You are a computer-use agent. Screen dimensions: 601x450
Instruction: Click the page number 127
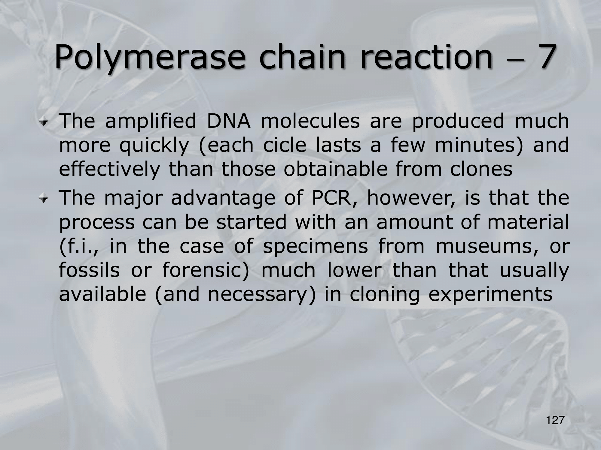555,421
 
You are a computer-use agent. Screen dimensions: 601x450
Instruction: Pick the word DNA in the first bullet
228,121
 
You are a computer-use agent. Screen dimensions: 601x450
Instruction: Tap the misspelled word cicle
285,145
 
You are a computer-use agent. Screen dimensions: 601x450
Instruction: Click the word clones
481,169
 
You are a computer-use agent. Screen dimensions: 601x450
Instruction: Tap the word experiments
490,295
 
